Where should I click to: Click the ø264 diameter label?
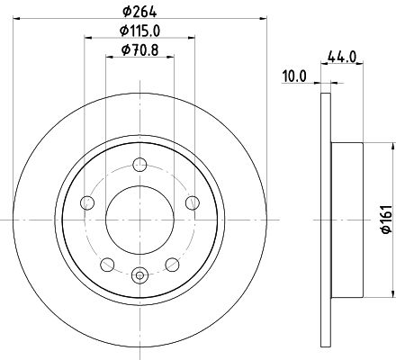tap(139, 12)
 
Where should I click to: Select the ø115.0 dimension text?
tap(139, 31)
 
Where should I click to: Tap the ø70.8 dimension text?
tap(139, 50)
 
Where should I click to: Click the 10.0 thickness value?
tap(294, 76)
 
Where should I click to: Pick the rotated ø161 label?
tap(387, 220)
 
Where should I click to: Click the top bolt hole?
tap(139, 165)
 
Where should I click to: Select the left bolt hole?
tap(87, 202)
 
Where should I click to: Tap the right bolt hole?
tap(193, 202)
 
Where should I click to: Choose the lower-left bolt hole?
tap(107, 265)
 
